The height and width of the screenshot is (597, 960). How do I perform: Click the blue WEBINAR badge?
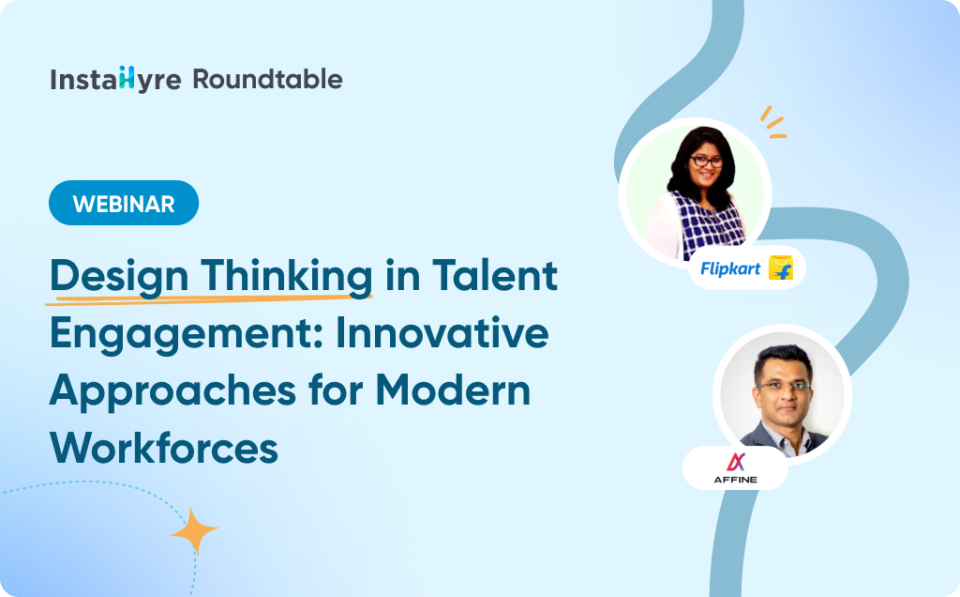(124, 203)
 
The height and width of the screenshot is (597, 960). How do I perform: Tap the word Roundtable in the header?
(267, 79)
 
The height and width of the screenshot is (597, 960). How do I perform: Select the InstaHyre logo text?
(115, 80)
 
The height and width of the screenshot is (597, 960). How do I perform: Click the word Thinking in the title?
(287, 277)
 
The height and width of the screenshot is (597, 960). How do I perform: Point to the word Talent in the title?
(495, 275)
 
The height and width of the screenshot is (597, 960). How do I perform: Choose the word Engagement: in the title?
(187, 335)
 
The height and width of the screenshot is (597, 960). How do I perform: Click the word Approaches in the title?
(172, 392)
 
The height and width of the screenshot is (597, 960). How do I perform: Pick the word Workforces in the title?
(164, 448)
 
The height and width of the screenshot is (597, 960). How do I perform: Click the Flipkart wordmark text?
(729, 268)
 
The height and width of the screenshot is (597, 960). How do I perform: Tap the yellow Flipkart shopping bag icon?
(781, 268)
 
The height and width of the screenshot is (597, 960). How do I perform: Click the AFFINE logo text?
(735, 480)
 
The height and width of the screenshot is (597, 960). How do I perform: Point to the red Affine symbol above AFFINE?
(735, 462)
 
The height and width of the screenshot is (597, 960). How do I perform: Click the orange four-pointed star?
(195, 530)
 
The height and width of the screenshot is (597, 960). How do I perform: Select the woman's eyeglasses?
(707, 161)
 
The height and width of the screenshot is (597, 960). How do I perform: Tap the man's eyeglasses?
(785, 386)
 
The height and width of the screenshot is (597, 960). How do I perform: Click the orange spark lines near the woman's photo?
(772, 122)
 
